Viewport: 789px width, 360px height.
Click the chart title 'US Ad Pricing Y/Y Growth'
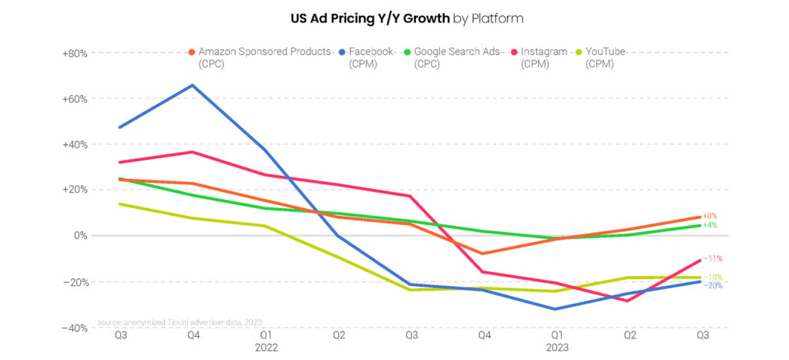369,17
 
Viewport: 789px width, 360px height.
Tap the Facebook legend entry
369,52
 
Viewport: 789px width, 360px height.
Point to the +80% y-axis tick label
76,54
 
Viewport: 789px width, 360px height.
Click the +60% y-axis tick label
76,99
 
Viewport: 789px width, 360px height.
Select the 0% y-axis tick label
80,236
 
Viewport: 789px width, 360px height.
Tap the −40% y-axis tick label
76,328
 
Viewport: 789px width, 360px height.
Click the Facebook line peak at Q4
193,85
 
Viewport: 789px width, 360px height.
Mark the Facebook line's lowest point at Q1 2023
556,309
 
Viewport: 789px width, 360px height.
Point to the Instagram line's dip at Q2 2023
629,301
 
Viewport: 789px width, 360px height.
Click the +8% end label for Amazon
710,216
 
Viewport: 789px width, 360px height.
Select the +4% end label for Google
710,225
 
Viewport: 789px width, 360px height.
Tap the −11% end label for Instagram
712,258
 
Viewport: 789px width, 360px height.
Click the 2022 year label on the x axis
265,348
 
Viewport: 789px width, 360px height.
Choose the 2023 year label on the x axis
556,348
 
